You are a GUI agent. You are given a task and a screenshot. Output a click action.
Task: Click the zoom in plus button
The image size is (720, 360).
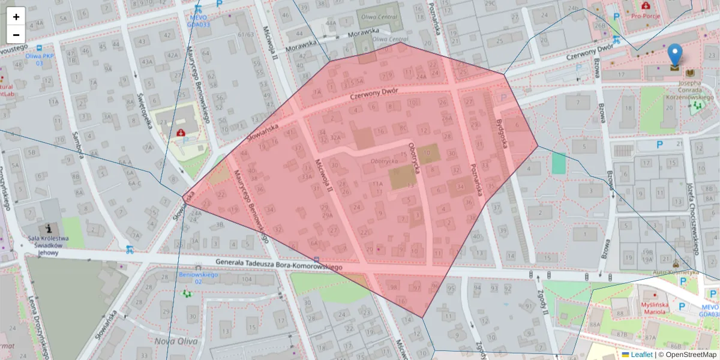[16, 17]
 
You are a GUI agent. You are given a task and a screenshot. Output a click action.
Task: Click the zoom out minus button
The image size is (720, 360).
[16, 34]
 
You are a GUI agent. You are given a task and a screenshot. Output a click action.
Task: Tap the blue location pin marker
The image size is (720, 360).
[675, 55]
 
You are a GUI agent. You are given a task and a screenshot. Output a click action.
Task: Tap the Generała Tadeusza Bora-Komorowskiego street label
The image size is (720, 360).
[278, 265]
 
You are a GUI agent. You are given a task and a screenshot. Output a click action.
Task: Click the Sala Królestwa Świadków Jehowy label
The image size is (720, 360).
[49, 245]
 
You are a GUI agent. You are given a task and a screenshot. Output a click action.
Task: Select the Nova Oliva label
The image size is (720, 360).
[172, 341]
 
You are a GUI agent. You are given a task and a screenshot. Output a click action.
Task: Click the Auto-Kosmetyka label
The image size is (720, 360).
[676, 272]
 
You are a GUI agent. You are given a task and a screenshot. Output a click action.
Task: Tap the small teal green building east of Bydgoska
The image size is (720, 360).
[559, 163]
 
